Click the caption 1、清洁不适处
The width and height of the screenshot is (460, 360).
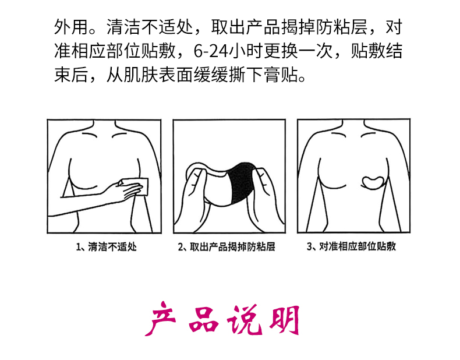(106, 246)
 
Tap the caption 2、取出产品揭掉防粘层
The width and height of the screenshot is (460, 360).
(227, 246)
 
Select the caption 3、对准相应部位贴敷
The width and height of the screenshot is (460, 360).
(351, 246)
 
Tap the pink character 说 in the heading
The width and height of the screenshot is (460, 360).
(245, 320)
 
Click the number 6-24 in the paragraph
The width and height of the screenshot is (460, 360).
(210, 51)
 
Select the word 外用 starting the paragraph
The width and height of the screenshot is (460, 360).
(71, 27)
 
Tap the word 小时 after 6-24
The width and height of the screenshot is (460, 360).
(245, 51)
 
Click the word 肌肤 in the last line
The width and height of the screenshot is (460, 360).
(140, 75)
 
